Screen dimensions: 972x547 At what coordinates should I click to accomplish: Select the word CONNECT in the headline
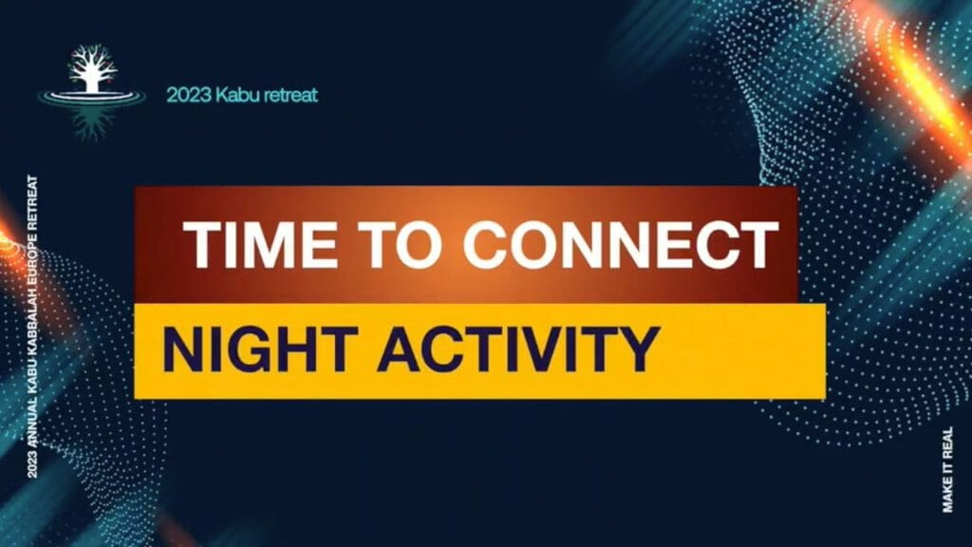point(621,244)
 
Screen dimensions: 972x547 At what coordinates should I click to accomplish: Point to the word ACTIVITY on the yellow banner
point(518,349)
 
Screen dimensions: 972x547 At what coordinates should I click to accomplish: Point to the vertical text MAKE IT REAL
point(948,469)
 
